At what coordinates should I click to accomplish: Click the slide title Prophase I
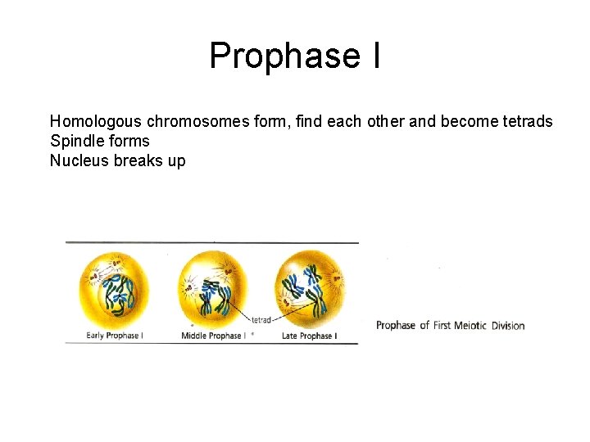294,56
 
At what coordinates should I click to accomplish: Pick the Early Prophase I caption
115,336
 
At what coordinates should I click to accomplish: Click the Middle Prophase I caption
211,336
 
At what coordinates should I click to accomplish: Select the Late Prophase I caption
309,336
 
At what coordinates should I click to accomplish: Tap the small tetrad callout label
261,320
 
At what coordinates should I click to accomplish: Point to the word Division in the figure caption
508,326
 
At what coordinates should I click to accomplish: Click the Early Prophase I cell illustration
115,288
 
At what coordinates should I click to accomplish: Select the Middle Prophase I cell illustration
212,288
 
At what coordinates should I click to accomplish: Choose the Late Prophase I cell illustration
310,288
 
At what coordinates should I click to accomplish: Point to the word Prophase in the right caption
397,326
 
